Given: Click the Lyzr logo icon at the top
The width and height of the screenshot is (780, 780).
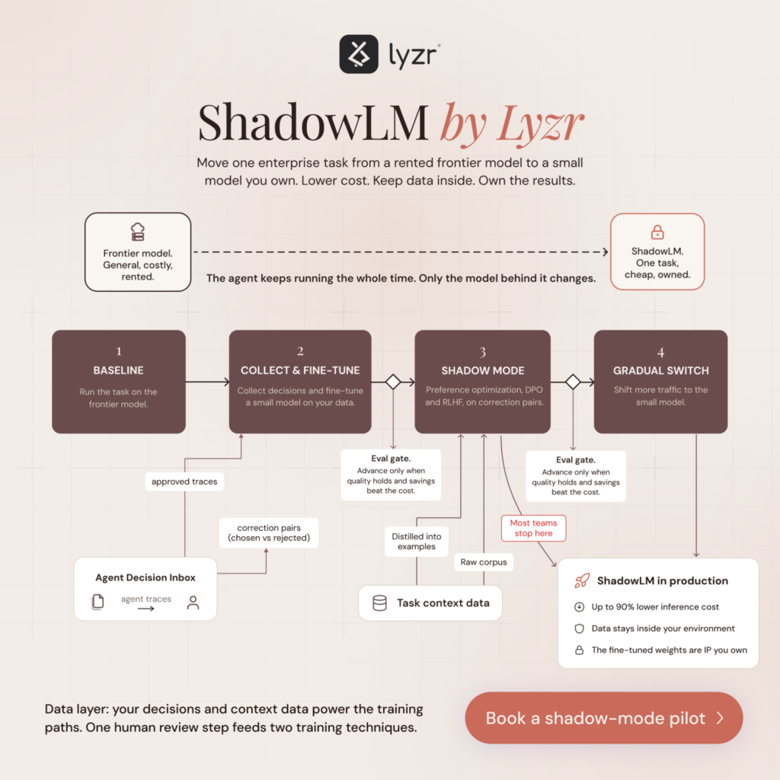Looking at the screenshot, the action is coord(359,54).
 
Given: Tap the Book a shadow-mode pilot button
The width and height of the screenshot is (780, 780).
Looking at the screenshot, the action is coord(604,718).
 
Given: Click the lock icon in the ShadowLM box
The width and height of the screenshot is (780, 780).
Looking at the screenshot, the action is coord(657,232).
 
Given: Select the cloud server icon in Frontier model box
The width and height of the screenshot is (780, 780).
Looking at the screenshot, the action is coord(138,232).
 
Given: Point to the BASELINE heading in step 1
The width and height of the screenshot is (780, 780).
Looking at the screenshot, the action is coord(118,370).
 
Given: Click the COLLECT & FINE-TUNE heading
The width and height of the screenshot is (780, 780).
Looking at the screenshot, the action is coord(300,370).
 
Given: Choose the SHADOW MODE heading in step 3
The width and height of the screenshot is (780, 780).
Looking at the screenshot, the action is coord(482,371).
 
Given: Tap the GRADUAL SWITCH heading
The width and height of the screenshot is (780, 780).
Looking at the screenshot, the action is coord(660,371).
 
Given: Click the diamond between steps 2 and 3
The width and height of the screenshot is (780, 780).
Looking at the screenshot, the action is coord(393,382).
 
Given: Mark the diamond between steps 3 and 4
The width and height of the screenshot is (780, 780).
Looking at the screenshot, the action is coord(573,382).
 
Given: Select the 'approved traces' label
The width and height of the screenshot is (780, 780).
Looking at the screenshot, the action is coord(184,481).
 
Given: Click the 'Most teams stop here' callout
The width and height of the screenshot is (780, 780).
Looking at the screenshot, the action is coord(534,528).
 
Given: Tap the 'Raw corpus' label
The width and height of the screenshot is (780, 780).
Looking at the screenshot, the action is coord(484,562).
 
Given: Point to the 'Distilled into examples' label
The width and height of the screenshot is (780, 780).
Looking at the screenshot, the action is coord(417,542).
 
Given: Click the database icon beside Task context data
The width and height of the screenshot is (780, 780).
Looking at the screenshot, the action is coord(379,603).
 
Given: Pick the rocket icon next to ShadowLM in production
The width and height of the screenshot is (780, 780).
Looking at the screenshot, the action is coord(582,580).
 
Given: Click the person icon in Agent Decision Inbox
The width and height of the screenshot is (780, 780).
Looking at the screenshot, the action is coord(193,603).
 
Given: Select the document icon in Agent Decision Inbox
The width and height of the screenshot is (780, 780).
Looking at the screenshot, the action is coord(98,602).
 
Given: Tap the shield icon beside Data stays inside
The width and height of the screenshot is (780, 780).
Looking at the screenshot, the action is coord(580,628).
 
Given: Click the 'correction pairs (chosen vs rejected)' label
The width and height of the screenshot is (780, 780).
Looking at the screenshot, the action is coord(269,532).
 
